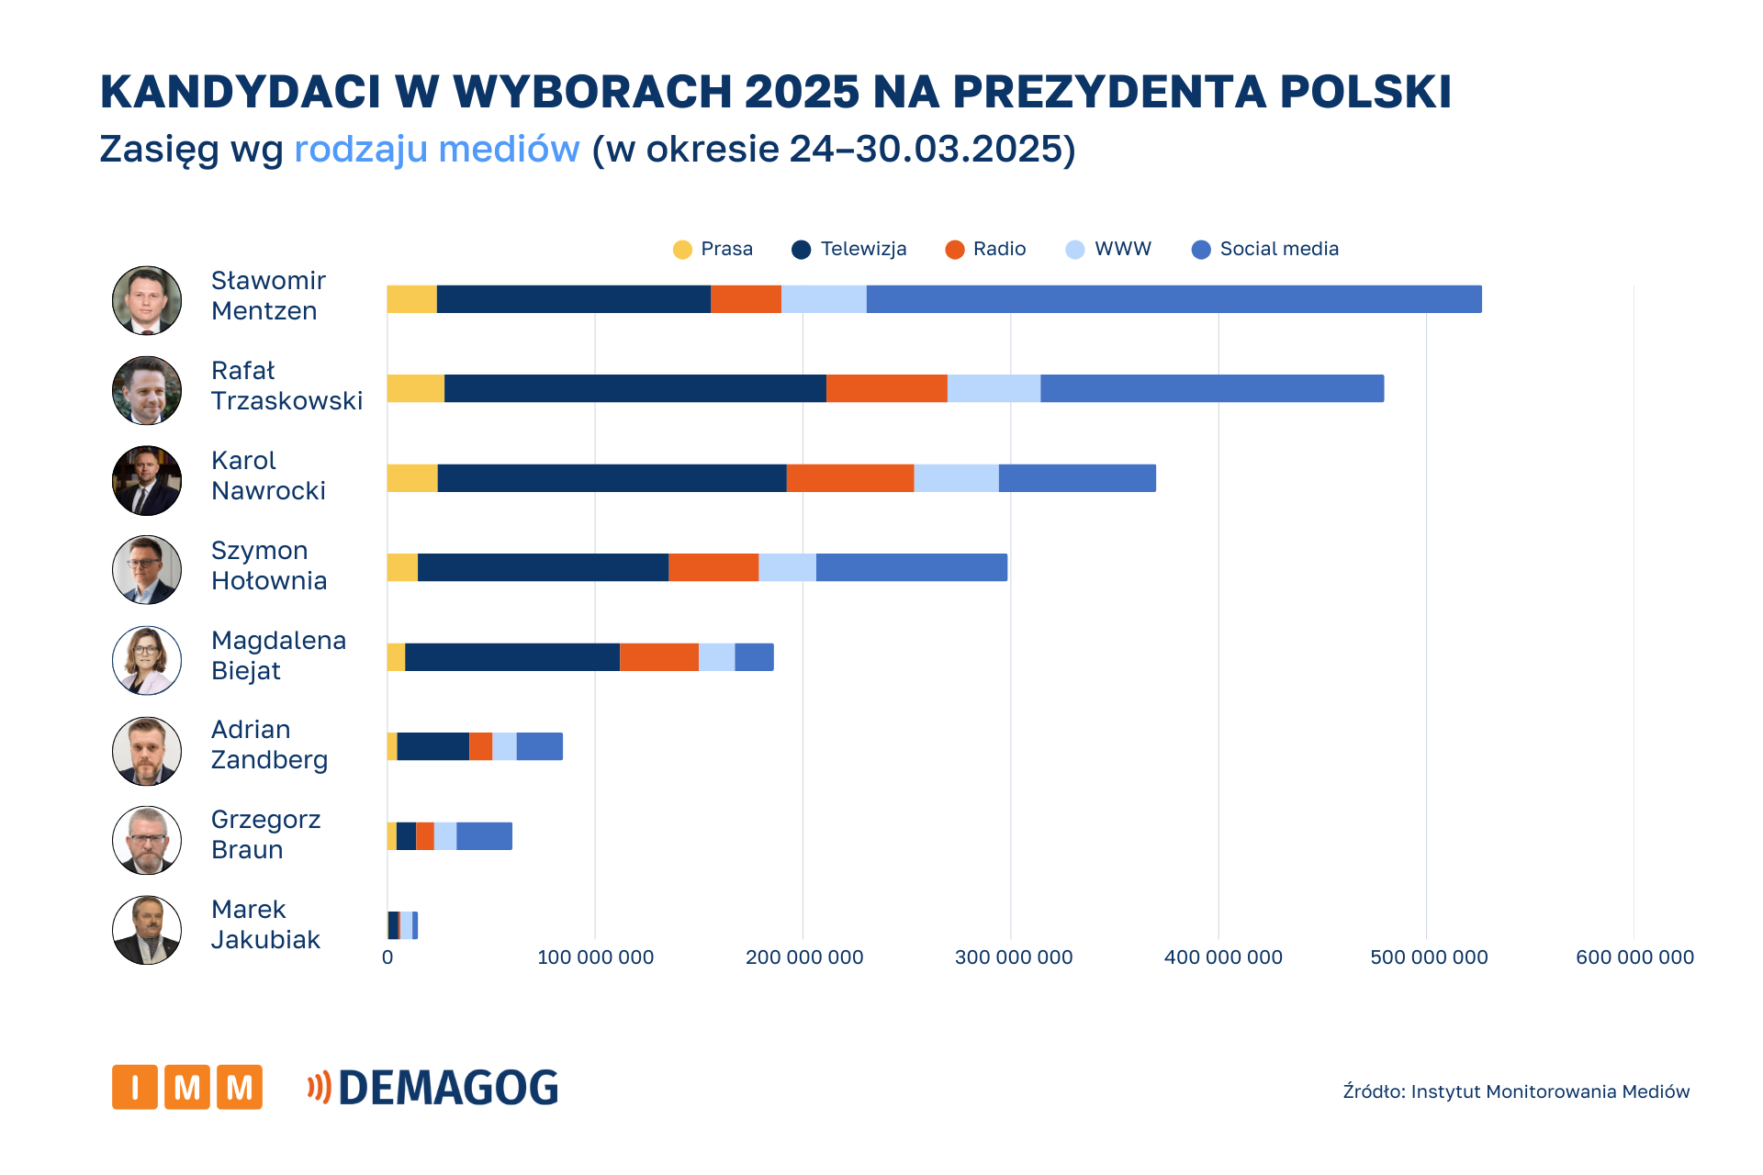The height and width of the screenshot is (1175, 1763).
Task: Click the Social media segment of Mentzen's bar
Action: click(1173, 299)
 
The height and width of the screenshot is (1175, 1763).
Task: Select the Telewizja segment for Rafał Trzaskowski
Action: click(634, 388)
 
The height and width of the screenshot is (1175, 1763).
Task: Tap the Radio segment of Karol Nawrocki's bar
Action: click(849, 478)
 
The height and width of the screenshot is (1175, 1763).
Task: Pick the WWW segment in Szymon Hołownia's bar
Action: click(787, 567)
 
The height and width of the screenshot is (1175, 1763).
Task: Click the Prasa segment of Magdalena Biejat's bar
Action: click(396, 657)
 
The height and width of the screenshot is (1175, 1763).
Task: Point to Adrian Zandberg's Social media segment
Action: click(539, 746)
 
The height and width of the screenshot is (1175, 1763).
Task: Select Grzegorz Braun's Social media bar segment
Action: click(484, 836)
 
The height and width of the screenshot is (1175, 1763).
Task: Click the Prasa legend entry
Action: click(713, 249)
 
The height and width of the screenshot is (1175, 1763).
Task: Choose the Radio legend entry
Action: click(985, 249)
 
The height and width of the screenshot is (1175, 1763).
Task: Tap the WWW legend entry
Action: click(1108, 249)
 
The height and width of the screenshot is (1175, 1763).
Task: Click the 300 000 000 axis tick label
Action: click(1013, 957)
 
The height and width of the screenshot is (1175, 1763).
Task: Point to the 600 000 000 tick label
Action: click(1634, 957)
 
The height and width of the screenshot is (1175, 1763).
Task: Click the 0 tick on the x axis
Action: click(387, 957)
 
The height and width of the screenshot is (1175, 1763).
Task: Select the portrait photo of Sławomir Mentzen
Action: click(147, 300)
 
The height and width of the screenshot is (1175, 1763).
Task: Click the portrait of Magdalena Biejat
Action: click(147, 660)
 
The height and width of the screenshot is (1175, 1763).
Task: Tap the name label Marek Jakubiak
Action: click(265, 924)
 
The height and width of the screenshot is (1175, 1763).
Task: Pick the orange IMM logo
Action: click(187, 1087)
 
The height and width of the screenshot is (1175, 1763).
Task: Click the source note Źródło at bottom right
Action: click(1516, 1091)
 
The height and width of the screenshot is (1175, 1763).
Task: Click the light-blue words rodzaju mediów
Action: click(436, 149)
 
